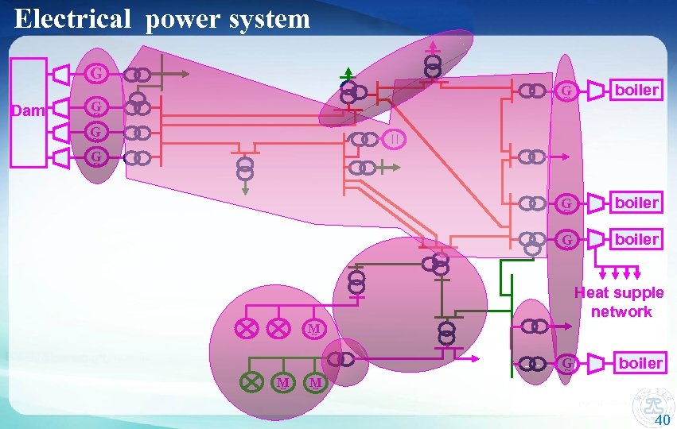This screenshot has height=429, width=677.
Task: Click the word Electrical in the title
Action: click(72, 18)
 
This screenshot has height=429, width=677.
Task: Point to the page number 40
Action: click(662, 420)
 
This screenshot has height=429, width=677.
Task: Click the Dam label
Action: click(29, 110)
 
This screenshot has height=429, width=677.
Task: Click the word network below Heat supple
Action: click(621, 311)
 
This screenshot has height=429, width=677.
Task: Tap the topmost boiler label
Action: click(636, 90)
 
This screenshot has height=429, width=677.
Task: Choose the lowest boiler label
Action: click(640, 363)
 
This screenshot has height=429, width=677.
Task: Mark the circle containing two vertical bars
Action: click(395, 140)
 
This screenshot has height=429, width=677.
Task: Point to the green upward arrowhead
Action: click(348, 72)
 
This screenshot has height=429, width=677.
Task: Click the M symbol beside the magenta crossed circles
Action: click(314, 328)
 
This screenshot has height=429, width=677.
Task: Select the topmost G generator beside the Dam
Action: click(96, 74)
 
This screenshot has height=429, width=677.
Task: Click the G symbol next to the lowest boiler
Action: click(567, 364)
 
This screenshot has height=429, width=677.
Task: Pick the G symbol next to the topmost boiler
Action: click(566, 91)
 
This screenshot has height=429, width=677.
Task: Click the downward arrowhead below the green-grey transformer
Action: click(245, 190)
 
